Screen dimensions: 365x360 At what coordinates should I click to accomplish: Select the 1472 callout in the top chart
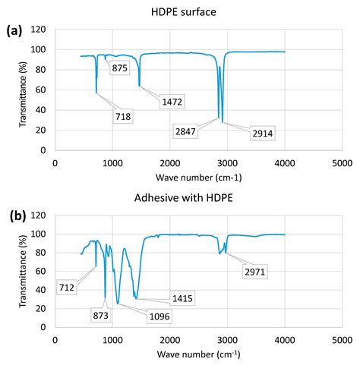point(171,102)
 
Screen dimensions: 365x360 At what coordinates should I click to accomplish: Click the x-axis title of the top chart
point(198,176)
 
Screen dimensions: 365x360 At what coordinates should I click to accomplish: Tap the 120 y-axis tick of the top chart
point(39,30)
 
